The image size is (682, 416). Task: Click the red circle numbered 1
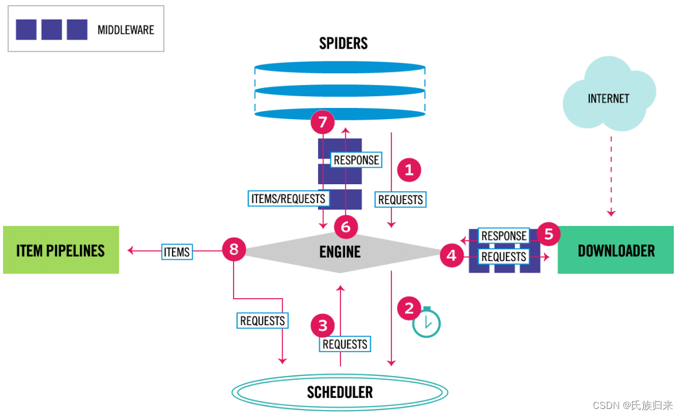pos(409,170)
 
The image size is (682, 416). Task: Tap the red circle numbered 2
pos(409,307)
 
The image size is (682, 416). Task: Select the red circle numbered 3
pos(322,324)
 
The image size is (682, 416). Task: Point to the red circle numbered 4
pos(451,256)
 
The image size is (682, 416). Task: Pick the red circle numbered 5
pos(548,234)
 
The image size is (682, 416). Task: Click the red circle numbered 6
pos(346,226)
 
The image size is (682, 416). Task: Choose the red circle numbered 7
pos(322,123)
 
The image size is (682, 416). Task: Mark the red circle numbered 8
pos(234,250)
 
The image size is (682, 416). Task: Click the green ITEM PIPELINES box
pos(61,250)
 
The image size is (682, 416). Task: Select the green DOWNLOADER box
pos(616,251)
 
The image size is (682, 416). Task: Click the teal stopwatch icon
pos(426,322)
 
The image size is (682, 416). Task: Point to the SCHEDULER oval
pos(340,391)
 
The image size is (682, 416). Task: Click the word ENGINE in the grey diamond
pos(340,252)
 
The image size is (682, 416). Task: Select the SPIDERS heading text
pos(343,43)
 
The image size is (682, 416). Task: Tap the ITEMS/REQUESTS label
pos(288,198)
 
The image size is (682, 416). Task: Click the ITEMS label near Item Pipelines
pos(177,252)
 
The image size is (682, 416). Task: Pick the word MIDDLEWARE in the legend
pos(126,29)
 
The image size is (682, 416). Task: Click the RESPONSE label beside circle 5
pos(504,236)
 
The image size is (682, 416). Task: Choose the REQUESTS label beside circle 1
pos(401,199)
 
